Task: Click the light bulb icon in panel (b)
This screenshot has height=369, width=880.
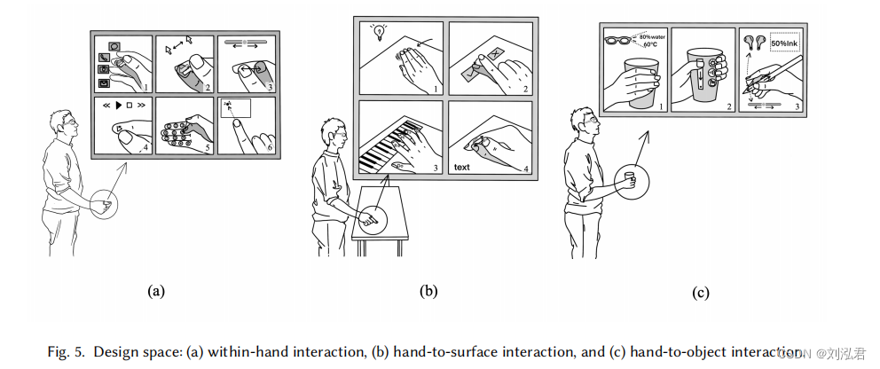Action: [x=379, y=32]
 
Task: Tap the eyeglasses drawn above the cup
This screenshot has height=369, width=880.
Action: [x=620, y=40]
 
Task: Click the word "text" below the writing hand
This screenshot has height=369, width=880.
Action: [x=463, y=166]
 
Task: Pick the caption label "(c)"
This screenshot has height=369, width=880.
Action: [x=700, y=292]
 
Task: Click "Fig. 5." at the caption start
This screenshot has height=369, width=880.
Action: [x=67, y=350]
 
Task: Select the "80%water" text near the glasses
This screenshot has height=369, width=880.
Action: [x=651, y=35]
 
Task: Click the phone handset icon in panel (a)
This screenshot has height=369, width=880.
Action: [x=106, y=57]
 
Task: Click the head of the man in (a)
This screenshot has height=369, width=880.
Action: [x=65, y=124]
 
